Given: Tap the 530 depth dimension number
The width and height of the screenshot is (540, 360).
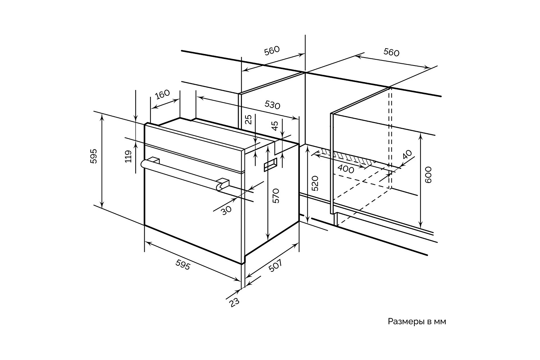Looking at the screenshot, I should [x=272, y=105].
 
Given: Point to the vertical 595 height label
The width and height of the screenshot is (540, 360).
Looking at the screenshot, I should [x=94, y=156].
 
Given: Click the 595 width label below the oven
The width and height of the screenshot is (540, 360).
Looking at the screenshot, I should [x=183, y=265].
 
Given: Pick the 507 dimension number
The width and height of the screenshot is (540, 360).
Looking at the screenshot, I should [x=275, y=267].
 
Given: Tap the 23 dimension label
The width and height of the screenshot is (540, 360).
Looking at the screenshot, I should [x=234, y=303].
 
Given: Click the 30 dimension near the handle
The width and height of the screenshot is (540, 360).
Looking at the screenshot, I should [x=226, y=210].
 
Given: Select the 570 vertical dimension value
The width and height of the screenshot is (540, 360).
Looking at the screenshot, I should [x=276, y=196].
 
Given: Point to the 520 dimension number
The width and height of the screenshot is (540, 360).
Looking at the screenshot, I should [x=315, y=183].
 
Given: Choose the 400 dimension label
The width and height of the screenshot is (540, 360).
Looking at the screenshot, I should [x=346, y=169].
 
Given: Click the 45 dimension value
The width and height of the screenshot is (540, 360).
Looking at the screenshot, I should [x=275, y=126].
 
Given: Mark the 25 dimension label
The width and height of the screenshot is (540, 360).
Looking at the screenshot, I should [x=248, y=120].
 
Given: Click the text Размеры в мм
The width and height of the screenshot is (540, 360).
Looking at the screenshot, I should [x=417, y=321].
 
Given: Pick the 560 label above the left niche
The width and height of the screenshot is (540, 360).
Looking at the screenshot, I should [x=272, y=50].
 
